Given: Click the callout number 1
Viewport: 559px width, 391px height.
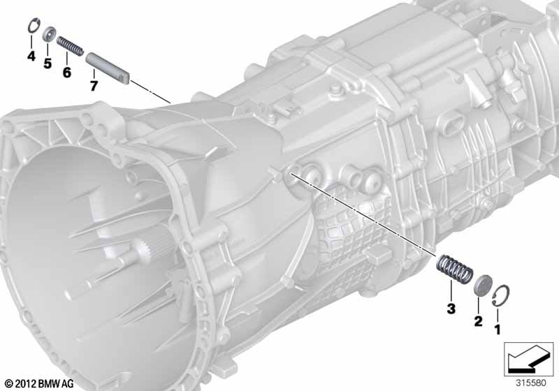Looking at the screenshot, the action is pos(498,330).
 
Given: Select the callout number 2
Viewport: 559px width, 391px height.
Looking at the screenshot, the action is pos(478,321).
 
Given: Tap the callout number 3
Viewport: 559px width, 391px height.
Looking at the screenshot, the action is pos(451,309).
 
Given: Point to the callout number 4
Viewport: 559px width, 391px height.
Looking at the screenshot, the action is pos(31,56).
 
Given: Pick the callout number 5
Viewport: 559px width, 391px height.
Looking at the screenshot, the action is pos(48,64).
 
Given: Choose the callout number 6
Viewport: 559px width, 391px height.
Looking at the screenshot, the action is pos(66,73).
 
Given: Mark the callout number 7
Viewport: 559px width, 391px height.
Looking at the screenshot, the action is pos(94,86).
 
